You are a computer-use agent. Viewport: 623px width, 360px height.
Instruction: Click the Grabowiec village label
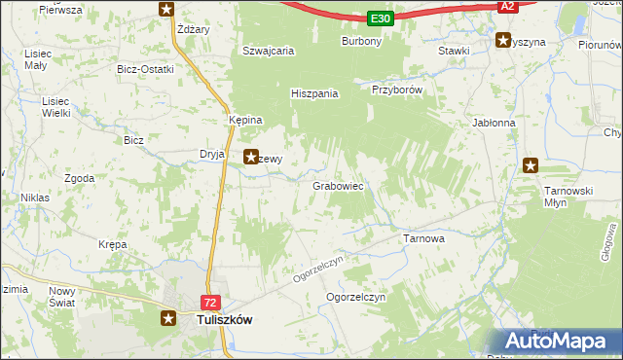pos(338,185)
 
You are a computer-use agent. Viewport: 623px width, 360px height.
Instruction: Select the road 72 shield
pos(211,303)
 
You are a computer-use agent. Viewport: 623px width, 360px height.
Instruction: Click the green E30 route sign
pos(381,18)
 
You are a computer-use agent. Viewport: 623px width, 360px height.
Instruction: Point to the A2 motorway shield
pos(506,6)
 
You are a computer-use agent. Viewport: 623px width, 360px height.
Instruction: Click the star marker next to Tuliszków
pos(167,317)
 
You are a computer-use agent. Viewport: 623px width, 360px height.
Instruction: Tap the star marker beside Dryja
pos(250,155)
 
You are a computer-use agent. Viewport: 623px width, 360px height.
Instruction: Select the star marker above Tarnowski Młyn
pos(531,165)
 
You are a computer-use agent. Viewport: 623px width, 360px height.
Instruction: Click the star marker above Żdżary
pos(166,10)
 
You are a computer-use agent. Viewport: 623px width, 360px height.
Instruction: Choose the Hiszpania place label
pos(314,94)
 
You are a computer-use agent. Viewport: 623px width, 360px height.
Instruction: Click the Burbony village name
pos(361,42)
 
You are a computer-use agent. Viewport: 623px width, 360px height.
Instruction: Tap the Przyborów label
pos(396,89)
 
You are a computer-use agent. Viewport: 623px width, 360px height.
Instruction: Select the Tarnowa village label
pos(423,237)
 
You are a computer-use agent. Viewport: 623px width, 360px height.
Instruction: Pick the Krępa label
pos(113,245)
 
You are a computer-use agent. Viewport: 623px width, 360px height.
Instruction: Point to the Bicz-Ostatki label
pos(145,69)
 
